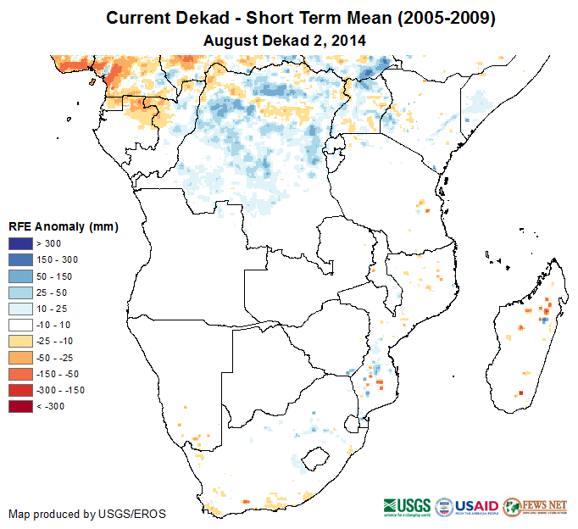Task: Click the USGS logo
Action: [408, 506]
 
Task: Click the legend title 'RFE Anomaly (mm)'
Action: [64, 226]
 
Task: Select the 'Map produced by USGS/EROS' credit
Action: [87, 514]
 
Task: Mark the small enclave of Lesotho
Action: [316, 459]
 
